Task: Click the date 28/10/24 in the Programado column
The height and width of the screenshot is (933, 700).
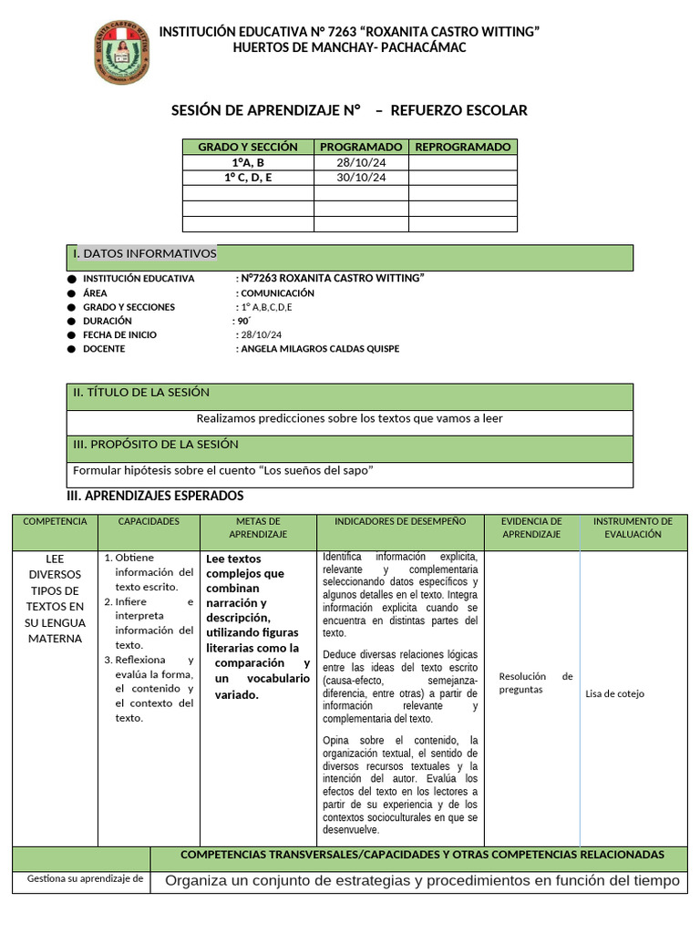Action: (x=361, y=162)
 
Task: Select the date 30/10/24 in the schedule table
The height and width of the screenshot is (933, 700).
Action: (x=361, y=178)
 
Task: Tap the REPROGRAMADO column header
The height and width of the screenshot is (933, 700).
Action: (x=462, y=147)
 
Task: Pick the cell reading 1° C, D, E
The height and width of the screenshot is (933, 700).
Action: (x=248, y=178)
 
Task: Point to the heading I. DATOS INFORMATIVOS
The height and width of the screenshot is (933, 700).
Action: (x=145, y=253)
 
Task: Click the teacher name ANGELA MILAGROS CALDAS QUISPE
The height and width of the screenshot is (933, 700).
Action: (x=319, y=349)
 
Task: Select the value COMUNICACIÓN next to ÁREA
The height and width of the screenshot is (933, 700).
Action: (x=277, y=293)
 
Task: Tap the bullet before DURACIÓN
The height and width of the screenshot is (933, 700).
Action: (x=72, y=322)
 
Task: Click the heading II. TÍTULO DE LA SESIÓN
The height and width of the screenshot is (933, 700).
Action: (x=141, y=393)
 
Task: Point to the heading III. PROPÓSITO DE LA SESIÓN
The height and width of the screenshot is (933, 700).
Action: (x=156, y=445)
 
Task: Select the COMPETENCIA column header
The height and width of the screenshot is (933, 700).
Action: (x=56, y=521)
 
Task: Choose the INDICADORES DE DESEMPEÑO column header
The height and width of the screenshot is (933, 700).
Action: (x=400, y=521)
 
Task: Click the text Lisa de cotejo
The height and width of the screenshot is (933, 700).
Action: (x=614, y=694)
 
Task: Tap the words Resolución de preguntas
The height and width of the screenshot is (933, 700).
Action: (x=535, y=682)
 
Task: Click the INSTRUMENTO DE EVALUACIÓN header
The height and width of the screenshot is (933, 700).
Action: (x=633, y=528)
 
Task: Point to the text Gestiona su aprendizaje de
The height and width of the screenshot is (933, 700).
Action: (x=86, y=879)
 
